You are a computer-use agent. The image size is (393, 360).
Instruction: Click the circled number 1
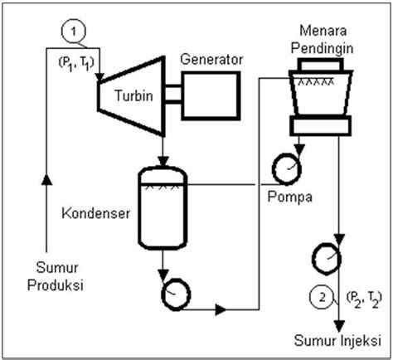click(75, 31)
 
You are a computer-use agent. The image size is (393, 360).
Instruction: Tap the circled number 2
click(320, 295)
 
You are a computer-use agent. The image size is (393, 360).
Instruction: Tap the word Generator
click(212, 60)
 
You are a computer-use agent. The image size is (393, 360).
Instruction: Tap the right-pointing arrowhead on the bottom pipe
click(221, 311)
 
